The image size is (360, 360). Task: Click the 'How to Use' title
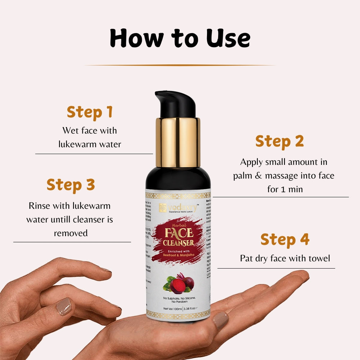click(180, 38)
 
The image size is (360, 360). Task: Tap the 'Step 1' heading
click(90, 112)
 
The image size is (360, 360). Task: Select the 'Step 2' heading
click(280, 141)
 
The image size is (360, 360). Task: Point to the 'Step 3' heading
click(71, 185)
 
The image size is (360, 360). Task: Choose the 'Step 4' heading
click(285, 239)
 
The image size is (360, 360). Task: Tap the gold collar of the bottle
click(178, 142)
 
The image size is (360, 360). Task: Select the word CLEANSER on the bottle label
click(178, 243)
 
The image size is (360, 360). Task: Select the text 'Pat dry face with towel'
click(285, 258)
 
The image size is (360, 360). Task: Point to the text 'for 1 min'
click(285, 189)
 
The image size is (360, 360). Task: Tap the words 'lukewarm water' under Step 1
click(90, 144)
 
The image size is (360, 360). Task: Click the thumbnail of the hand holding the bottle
click(220, 320)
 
